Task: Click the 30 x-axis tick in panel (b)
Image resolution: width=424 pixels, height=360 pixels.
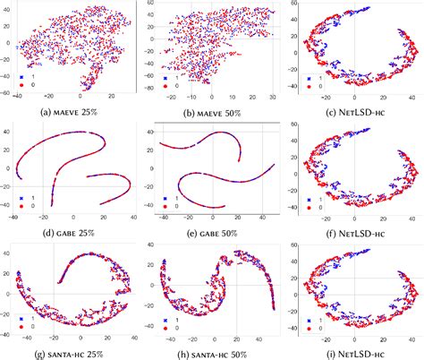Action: pyautogui.click(x=268, y=100)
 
